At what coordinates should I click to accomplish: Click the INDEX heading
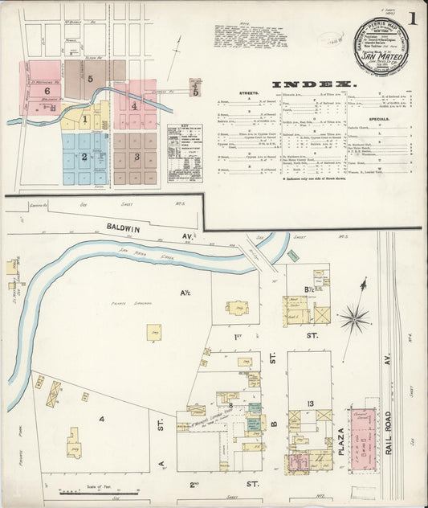point(313,84)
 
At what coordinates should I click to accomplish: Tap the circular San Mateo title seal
point(381,46)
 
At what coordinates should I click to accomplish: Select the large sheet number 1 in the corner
point(412,18)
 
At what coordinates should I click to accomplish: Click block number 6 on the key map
point(48,92)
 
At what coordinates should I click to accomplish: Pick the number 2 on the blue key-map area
point(83,156)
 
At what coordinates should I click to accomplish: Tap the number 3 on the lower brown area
point(137,156)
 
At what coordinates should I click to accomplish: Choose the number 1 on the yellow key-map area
point(84,120)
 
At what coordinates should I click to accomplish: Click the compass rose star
point(353,319)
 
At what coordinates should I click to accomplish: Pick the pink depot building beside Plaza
point(364,437)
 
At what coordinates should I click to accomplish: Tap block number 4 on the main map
point(102,418)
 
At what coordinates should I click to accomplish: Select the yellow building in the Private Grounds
point(153,331)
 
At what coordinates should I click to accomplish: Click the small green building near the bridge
point(293,256)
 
